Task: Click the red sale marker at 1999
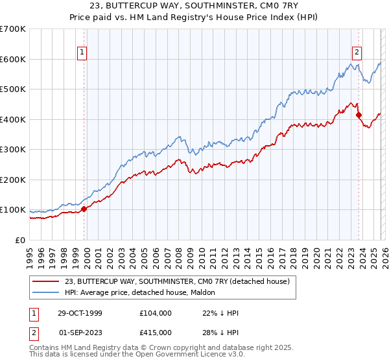[x=84, y=209]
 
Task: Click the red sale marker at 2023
[x=359, y=115]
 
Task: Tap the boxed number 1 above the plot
[x=83, y=53]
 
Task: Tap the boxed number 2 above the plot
[x=357, y=53]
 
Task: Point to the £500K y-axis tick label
[x=13, y=89]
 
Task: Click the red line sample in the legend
[x=46, y=281]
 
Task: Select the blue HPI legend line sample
[x=46, y=292]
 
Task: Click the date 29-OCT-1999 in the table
[x=80, y=312]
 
